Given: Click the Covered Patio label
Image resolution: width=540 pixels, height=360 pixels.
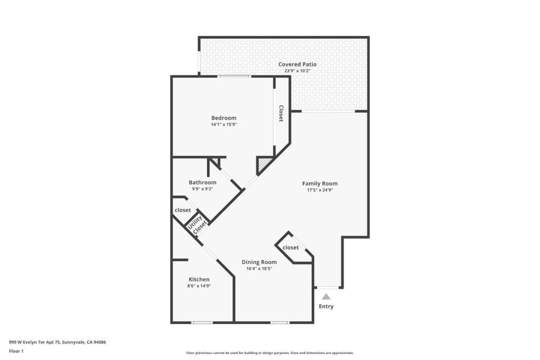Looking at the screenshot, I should point(297,64).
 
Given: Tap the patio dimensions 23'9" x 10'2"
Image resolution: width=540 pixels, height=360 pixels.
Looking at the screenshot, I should point(297,71).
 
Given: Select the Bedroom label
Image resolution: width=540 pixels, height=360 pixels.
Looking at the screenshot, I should point(224,118).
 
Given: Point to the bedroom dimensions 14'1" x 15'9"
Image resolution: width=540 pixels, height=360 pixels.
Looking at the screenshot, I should point(224,124).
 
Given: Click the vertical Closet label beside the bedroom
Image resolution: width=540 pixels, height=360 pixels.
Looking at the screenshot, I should point(281,113).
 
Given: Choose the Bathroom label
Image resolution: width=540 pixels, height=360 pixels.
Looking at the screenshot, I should point(202,182).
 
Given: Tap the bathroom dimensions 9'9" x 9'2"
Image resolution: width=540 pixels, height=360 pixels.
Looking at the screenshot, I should point(202,189).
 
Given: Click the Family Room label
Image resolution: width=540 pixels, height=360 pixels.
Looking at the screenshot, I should point(320,183).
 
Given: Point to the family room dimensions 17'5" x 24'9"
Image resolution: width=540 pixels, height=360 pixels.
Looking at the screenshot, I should point(320,190).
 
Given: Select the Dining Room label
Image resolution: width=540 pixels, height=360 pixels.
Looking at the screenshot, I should point(259,262).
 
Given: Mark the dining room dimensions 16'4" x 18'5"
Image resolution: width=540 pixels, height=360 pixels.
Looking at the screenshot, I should point(259,269).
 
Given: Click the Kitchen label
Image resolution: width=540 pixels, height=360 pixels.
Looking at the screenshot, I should point(199,279).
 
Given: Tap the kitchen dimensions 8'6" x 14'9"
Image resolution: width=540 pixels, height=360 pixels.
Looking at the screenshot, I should point(199,286).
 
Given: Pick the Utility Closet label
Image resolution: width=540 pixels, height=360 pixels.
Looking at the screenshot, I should point(197,226).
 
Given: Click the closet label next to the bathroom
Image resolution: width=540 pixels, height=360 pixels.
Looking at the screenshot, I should point(182,210).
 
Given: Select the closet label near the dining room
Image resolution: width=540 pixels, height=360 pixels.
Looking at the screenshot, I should point(291,248).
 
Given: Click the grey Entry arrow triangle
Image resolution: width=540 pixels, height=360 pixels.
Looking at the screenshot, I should point(326,297).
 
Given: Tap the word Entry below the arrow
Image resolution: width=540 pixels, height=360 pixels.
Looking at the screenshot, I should point(326,306).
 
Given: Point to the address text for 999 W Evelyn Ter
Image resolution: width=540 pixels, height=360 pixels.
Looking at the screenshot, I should point(57,342).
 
